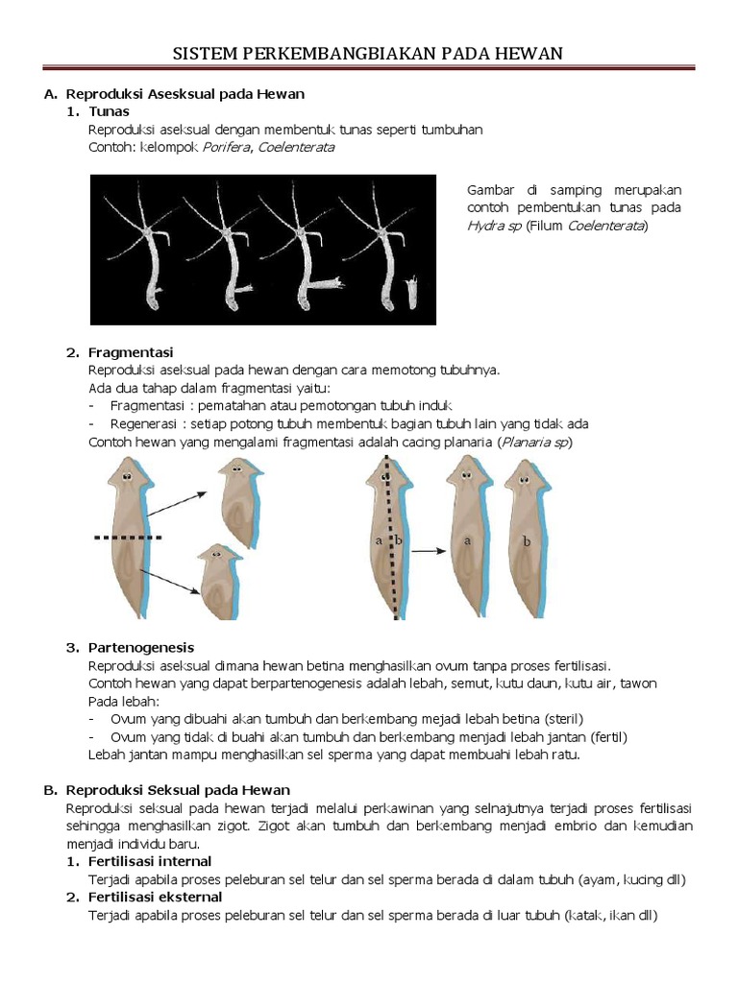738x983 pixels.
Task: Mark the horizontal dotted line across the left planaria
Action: pos(128,538)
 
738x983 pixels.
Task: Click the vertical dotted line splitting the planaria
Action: pos(389,547)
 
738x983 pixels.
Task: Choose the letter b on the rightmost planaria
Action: pos(526,541)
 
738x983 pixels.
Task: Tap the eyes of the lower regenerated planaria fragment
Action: pos(217,556)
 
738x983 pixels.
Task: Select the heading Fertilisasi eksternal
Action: pos(159,897)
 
